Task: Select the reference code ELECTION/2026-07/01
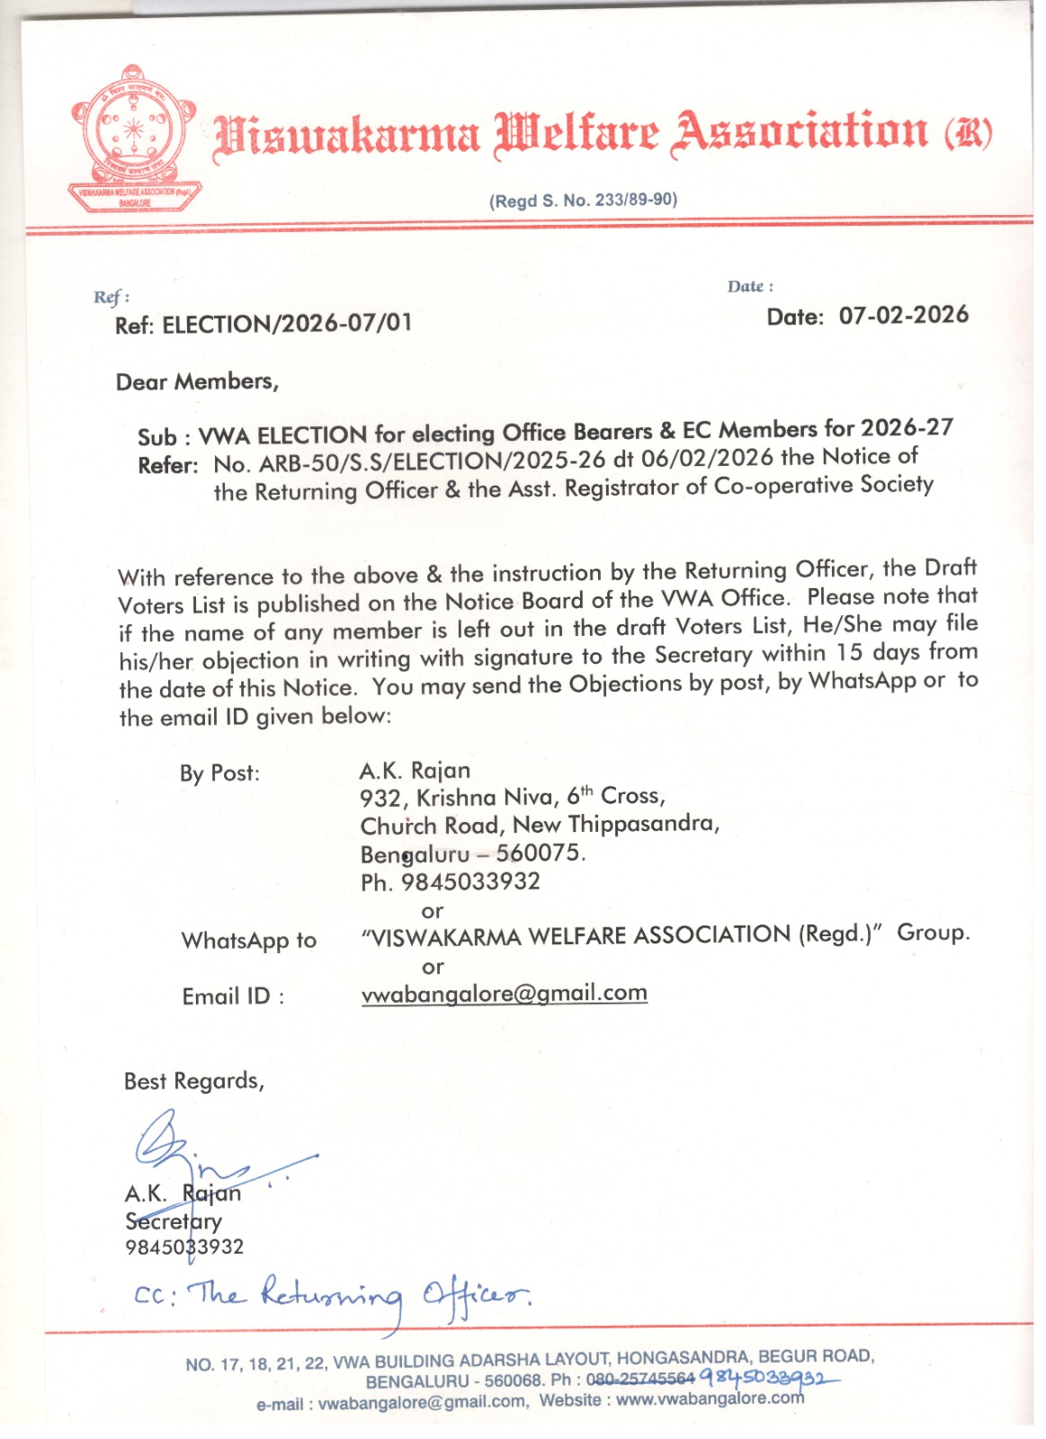(x=287, y=324)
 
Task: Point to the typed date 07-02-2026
(x=903, y=316)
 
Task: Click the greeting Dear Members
(x=197, y=382)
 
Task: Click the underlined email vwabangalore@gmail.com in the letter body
(x=504, y=994)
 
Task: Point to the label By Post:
(x=219, y=773)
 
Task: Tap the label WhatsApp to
(x=249, y=941)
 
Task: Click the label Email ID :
(x=233, y=997)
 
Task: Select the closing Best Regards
(x=194, y=1081)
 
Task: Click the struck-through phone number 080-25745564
(x=640, y=1380)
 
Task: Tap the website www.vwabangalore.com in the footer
(x=710, y=1399)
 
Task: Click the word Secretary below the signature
(x=174, y=1221)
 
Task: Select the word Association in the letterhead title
(x=800, y=133)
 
